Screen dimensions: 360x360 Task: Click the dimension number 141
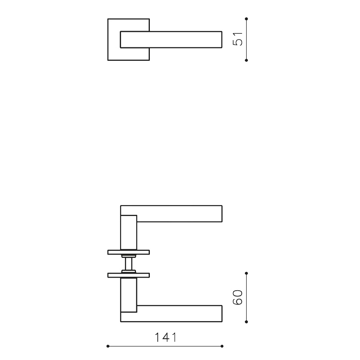(x=165, y=337)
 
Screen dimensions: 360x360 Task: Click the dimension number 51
(x=238, y=39)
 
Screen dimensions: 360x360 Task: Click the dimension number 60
(x=238, y=297)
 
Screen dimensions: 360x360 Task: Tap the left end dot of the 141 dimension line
(x=108, y=346)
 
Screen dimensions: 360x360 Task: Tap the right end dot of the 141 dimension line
(x=222, y=346)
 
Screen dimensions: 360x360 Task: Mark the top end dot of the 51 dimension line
(x=247, y=18)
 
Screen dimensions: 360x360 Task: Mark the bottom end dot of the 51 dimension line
(x=247, y=60)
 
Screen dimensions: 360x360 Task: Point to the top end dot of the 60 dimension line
(x=247, y=273)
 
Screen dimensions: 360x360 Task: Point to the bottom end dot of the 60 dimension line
(x=247, y=322)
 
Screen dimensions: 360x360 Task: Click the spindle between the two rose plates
(x=129, y=263)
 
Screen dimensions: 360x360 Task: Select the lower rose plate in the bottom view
(x=129, y=274)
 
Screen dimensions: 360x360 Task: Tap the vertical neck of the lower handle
(x=128, y=295)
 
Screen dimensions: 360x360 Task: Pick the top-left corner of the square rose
(x=108, y=19)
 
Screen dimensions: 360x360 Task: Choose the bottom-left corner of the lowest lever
(x=121, y=321)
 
